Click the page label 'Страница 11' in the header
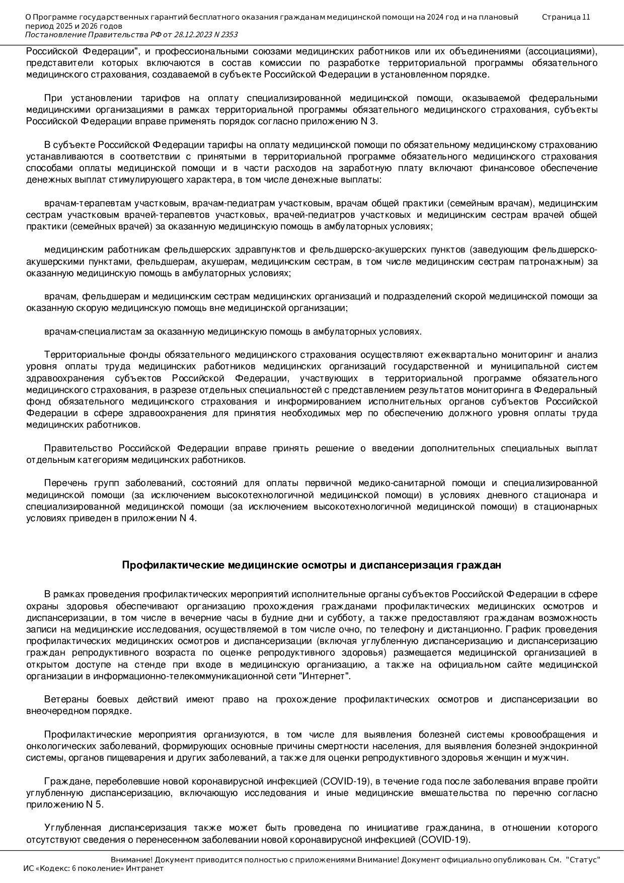[566, 17]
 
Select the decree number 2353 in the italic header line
[228, 35]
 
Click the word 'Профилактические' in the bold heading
[173, 565]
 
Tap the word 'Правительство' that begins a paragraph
[79, 448]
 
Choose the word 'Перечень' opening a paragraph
[65, 484]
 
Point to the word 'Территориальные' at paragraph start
[83, 355]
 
